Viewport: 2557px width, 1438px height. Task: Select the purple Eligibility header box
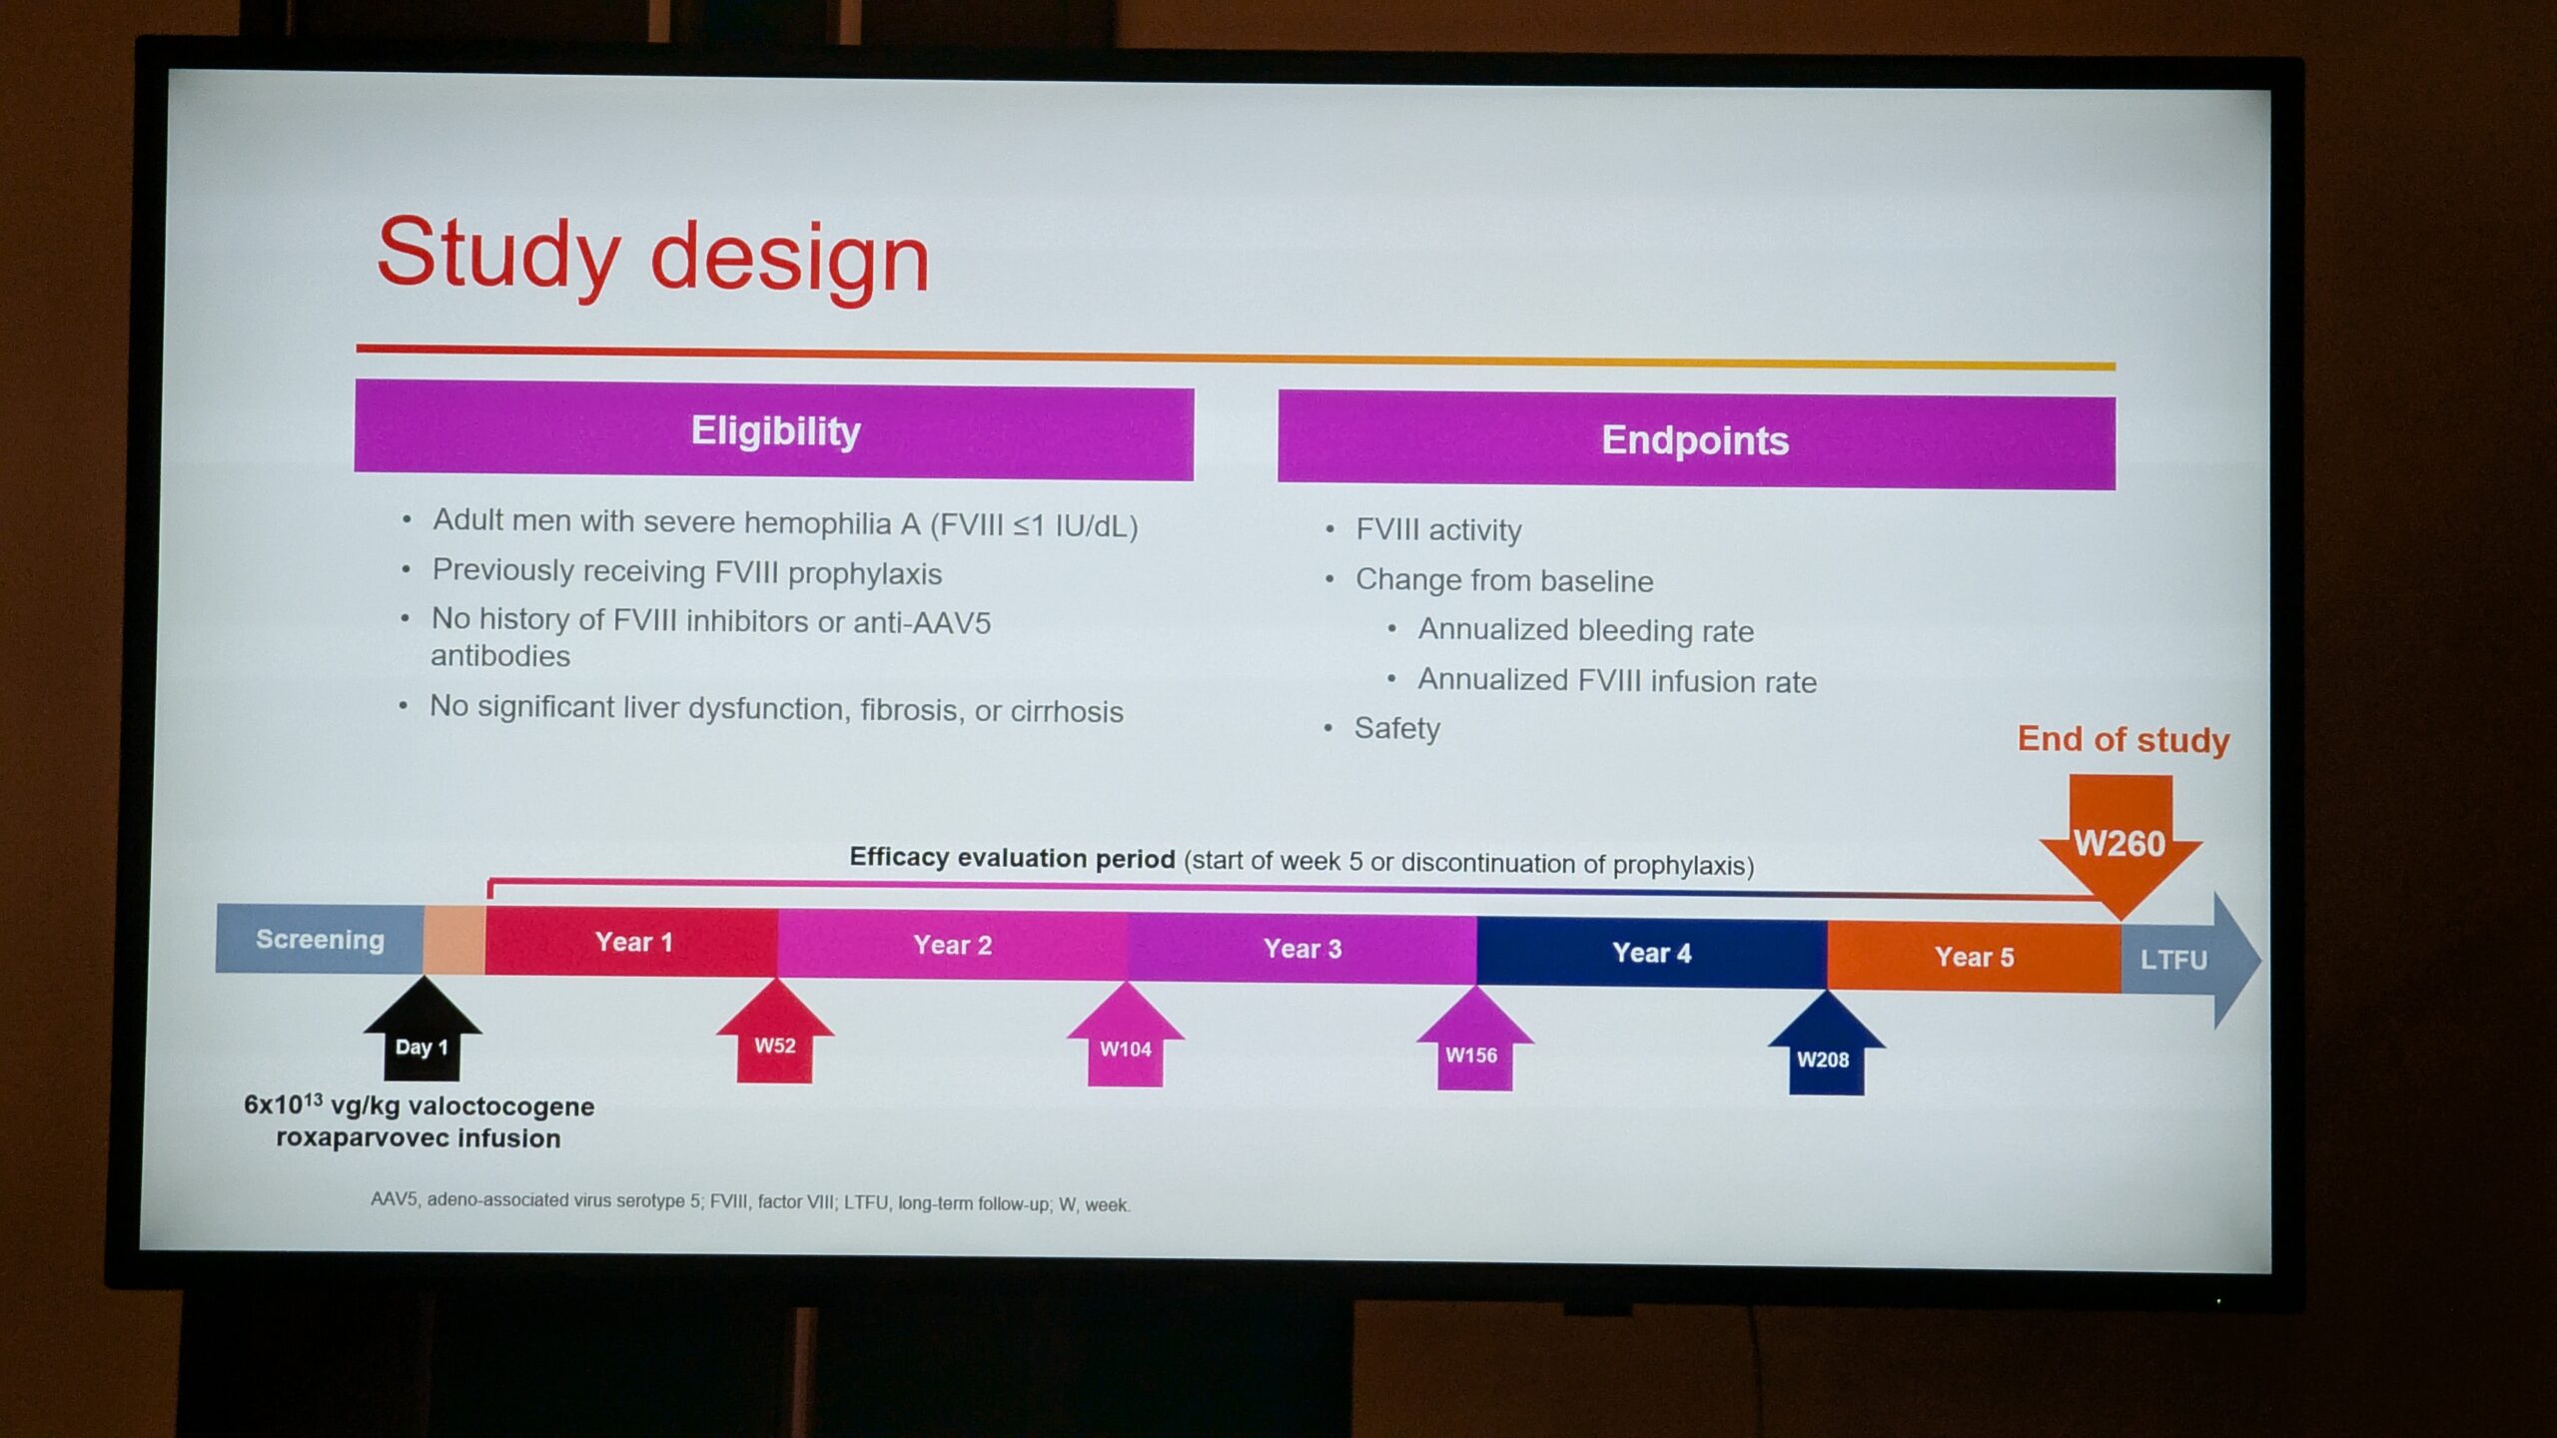pos(774,430)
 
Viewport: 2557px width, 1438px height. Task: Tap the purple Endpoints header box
pos(1696,440)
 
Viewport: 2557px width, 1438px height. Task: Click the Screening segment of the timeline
pos(320,939)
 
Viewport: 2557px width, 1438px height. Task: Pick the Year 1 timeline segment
pos(631,942)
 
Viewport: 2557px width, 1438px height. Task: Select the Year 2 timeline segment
pos(953,946)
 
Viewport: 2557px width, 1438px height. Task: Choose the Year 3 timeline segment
pos(1302,950)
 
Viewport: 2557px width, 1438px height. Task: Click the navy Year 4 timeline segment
pos(1652,954)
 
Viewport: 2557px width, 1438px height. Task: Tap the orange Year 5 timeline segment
pos(1974,958)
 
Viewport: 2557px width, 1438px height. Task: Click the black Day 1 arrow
pos(423,1030)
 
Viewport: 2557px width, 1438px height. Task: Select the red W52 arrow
pos(775,1032)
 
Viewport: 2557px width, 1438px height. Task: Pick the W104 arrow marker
pos(1126,1035)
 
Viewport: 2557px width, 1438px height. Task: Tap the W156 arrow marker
pos(1474,1039)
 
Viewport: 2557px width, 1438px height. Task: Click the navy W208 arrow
pos(1826,1043)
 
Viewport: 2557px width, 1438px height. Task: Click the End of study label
pos(2124,740)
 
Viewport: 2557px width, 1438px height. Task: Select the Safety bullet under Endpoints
pos(1396,729)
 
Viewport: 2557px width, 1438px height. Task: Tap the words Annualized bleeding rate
pos(1586,630)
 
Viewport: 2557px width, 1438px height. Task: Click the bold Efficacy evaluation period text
pos(1012,858)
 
